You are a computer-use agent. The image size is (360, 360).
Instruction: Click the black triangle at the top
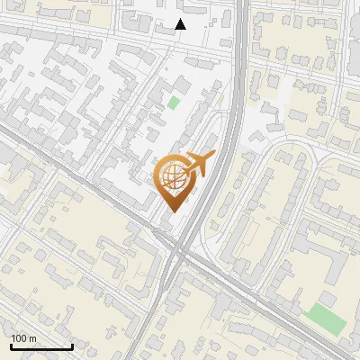pyautogui.click(x=180, y=24)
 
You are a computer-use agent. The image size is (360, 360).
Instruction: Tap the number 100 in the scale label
pyautogui.click(x=19, y=338)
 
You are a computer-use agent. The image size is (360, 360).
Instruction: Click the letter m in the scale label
pyautogui.click(x=32, y=338)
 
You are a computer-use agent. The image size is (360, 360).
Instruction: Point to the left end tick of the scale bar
pyautogui.click(x=11, y=346)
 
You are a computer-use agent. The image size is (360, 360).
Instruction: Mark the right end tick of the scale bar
pyautogui.click(x=72, y=346)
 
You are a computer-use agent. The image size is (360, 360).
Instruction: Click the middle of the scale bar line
pyautogui.click(x=41, y=346)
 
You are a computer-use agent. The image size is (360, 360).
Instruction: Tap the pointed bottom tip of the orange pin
pyautogui.click(x=175, y=212)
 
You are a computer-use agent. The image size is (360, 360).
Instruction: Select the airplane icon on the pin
pyautogui.click(x=199, y=165)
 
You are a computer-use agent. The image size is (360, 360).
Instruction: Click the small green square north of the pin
pyautogui.click(x=174, y=102)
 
